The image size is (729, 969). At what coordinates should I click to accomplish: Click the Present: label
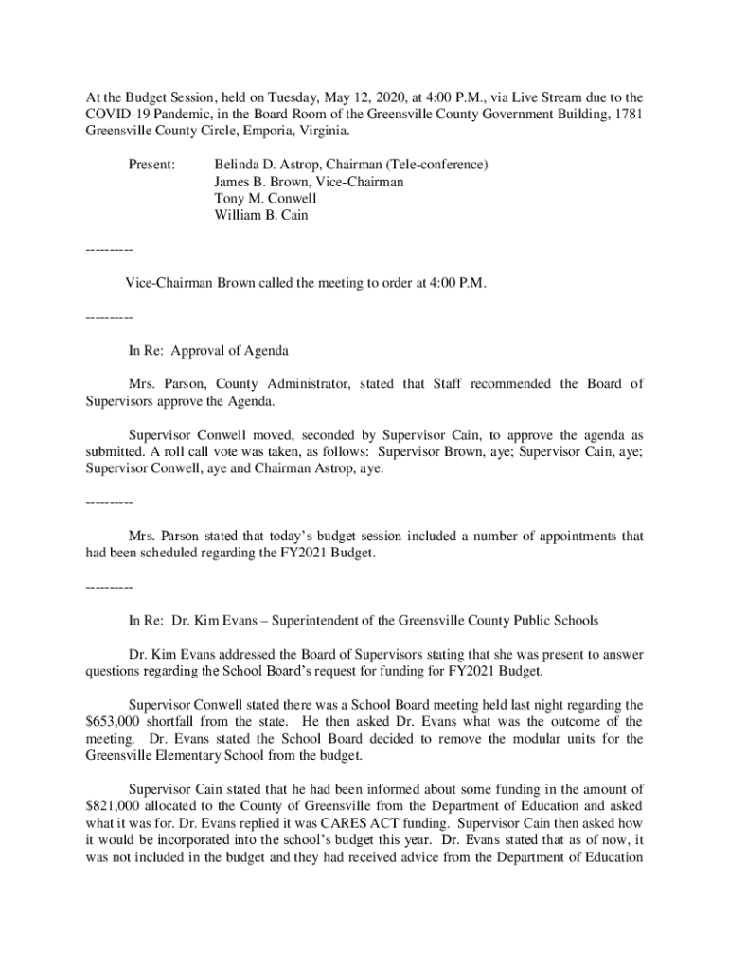(x=151, y=165)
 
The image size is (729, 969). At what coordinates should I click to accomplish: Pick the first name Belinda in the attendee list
(x=239, y=165)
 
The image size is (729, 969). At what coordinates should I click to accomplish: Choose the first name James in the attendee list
(x=234, y=182)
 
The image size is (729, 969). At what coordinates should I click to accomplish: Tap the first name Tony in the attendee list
(x=230, y=199)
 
